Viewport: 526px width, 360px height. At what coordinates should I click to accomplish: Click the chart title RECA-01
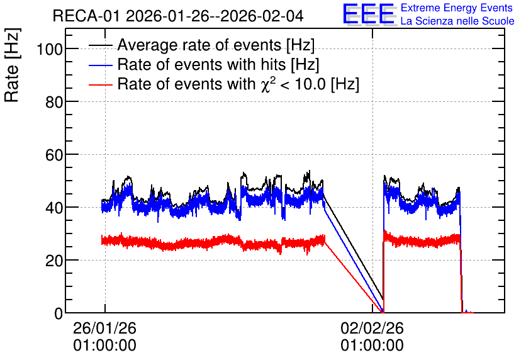(x=86, y=16)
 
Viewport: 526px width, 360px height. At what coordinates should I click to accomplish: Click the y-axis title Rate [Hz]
(x=12, y=65)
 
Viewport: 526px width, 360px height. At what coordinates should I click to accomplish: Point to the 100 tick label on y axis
(x=50, y=49)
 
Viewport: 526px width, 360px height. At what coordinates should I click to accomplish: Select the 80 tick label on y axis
(x=54, y=102)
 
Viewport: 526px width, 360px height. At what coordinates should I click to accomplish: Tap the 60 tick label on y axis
(x=54, y=155)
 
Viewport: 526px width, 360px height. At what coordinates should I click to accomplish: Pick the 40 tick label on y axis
(x=54, y=208)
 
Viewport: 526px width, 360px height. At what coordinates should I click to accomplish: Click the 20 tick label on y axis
(x=54, y=261)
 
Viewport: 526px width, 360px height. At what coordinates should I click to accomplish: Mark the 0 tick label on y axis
(x=59, y=313)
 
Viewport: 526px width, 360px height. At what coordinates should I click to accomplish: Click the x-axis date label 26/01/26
(x=104, y=328)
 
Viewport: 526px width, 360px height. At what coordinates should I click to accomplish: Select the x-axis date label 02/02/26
(x=372, y=328)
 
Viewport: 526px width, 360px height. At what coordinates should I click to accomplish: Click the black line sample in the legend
(x=100, y=45)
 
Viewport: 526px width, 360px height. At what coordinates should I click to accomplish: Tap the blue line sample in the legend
(x=100, y=65)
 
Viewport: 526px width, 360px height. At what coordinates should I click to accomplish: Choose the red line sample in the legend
(x=100, y=84)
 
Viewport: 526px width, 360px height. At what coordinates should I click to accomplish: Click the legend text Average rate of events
(x=199, y=45)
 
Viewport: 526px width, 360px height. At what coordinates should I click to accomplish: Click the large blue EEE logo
(x=369, y=14)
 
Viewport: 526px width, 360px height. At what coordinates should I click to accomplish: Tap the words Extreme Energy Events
(x=457, y=8)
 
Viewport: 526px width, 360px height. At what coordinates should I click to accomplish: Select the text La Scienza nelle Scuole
(x=457, y=21)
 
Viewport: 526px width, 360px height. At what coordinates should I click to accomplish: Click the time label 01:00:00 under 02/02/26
(x=372, y=346)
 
